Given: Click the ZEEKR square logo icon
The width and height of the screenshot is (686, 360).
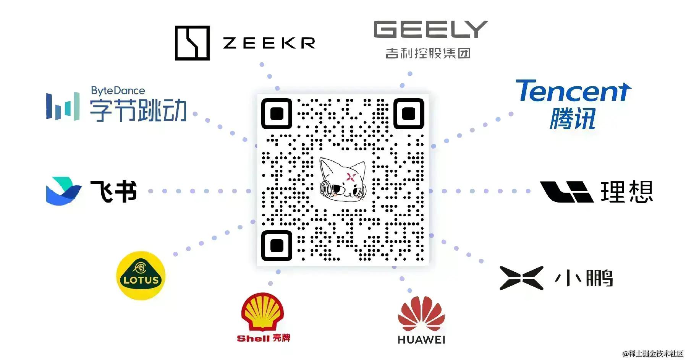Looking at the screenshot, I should point(192,43).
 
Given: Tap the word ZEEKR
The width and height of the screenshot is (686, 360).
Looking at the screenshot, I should point(269,43).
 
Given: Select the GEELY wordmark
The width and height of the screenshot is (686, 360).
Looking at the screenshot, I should point(430,29).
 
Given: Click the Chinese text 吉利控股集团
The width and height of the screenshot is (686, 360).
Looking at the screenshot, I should point(428,53).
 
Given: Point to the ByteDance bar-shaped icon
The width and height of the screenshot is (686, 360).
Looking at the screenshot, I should point(63,106).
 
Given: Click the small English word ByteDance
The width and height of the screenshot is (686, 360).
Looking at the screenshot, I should point(118,91).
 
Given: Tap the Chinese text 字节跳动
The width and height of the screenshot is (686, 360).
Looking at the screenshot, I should point(138,110).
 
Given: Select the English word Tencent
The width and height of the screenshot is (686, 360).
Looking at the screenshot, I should point(573,91).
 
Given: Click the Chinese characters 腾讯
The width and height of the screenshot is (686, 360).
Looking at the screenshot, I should point(573,119).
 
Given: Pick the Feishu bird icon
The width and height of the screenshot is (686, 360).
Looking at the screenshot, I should point(63,191).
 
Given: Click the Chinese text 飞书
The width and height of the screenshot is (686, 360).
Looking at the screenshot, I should point(114,191).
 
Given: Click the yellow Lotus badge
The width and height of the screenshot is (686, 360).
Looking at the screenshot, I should point(141,276).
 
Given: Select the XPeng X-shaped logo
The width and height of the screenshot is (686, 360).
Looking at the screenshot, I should point(521,278).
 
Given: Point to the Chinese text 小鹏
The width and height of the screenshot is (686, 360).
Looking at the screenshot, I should point(584,278).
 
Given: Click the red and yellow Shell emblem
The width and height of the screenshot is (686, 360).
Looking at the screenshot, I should point(262,311).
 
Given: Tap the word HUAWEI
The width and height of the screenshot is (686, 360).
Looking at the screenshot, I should point(421,340).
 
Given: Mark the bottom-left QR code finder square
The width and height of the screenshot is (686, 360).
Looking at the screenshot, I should point(277,245).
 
